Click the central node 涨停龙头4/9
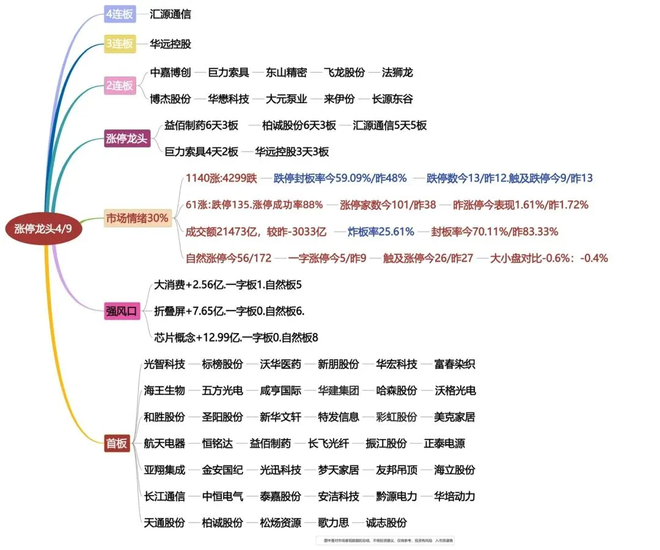(47, 230)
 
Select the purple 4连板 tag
(119, 14)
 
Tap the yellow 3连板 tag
(119, 44)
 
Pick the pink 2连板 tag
(119, 86)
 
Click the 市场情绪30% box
(137, 218)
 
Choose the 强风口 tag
(122, 311)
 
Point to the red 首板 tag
(117, 444)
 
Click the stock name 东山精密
(286, 73)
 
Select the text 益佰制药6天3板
(201, 125)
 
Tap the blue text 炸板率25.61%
(381, 232)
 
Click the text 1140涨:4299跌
(221, 178)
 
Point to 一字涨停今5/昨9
(327, 258)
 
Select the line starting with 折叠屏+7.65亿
(229, 311)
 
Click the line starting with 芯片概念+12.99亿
(236, 337)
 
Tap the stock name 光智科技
(164, 364)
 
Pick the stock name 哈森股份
(397, 391)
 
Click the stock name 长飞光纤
(329, 444)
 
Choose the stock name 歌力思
(333, 522)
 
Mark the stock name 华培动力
(455, 496)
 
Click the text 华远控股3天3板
(292, 152)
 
